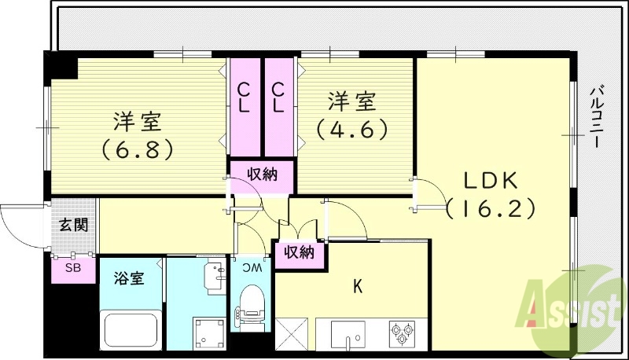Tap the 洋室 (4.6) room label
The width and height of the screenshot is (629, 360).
tap(351, 115)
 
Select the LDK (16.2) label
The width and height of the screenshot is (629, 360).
tap(490, 194)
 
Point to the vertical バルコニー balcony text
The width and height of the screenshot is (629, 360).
tap(597, 117)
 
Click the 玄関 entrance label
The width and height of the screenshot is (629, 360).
tap(74, 225)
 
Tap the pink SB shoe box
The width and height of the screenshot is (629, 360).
tap(72, 268)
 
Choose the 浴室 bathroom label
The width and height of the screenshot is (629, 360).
tap(129, 278)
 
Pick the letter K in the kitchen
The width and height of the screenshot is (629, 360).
tap(357, 288)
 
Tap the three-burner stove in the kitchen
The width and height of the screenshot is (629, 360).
tap(404, 333)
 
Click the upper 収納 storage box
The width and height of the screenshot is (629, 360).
tap(263, 174)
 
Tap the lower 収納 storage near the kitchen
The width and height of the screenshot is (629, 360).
tap(299, 253)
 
